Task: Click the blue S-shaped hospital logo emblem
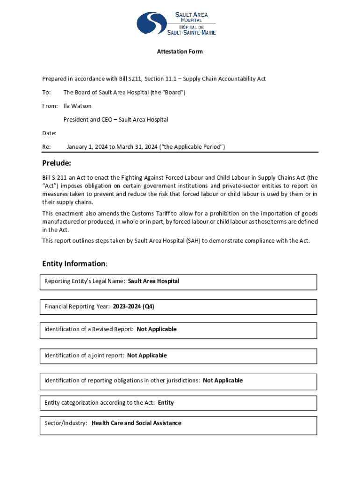152,23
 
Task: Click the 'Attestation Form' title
180,51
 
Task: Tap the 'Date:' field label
49,133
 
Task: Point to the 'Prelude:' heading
57,163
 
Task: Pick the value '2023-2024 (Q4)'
133,307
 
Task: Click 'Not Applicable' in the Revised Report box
157,329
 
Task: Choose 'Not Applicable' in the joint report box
147,356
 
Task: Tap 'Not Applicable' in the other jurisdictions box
223,381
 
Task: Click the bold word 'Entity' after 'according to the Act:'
166,403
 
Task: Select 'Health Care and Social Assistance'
137,423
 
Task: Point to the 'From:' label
50,106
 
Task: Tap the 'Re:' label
46,147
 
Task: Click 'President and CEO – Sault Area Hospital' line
116,120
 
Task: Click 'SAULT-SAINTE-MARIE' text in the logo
192,32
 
